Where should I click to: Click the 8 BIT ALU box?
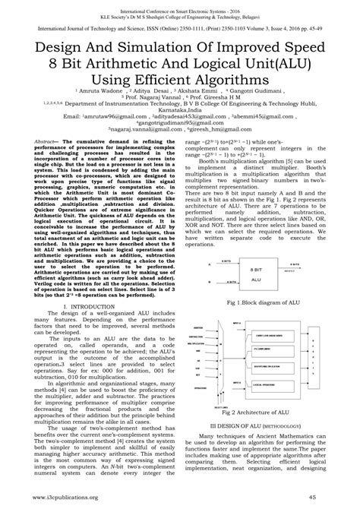click(261, 227)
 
